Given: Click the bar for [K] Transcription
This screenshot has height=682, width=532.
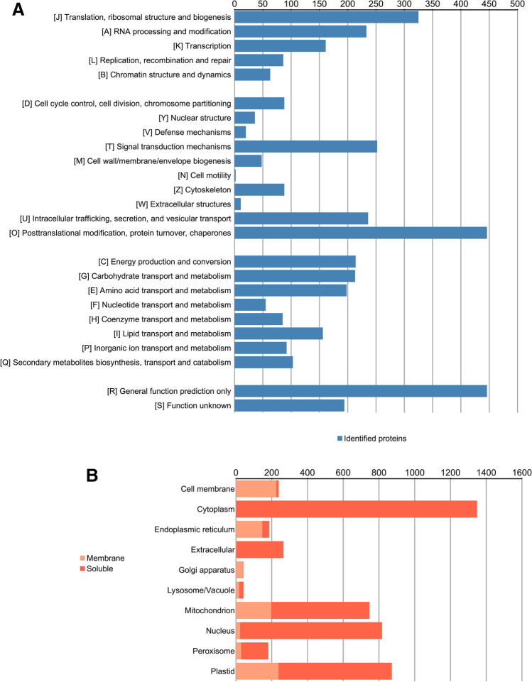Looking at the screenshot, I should [280, 45].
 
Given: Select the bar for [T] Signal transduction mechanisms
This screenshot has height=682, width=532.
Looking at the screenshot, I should [305, 146].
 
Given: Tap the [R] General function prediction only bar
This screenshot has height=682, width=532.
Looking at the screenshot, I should [360, 391].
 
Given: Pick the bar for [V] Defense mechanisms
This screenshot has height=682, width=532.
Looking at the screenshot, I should [240, 132].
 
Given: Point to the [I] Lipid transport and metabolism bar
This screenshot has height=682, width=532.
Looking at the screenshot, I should [278, 334].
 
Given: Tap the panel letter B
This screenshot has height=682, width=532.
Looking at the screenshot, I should [92, 476].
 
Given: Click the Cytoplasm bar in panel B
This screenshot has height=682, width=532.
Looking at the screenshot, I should [356, 509].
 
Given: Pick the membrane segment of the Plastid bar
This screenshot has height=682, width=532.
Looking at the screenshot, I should [256, 671].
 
